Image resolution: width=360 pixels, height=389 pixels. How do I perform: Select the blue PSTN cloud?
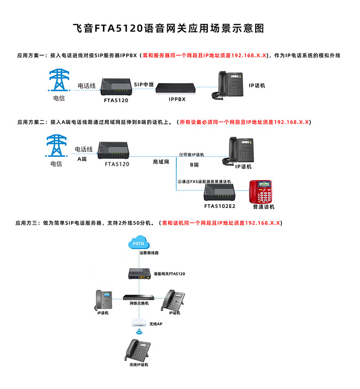click(138, 243)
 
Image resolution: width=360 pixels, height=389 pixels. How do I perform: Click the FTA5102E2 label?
click(220, 206)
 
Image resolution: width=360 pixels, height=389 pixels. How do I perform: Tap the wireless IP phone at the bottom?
click(139, 349)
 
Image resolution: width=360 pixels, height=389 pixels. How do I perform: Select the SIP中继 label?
click(144, 84)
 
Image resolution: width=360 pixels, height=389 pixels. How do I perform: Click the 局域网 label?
click(161, 162)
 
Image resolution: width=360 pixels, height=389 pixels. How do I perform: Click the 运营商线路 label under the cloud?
click(149, 253)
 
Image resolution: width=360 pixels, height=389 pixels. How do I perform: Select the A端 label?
click(82, 159)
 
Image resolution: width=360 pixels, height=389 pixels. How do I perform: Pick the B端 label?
click(195, 164)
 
